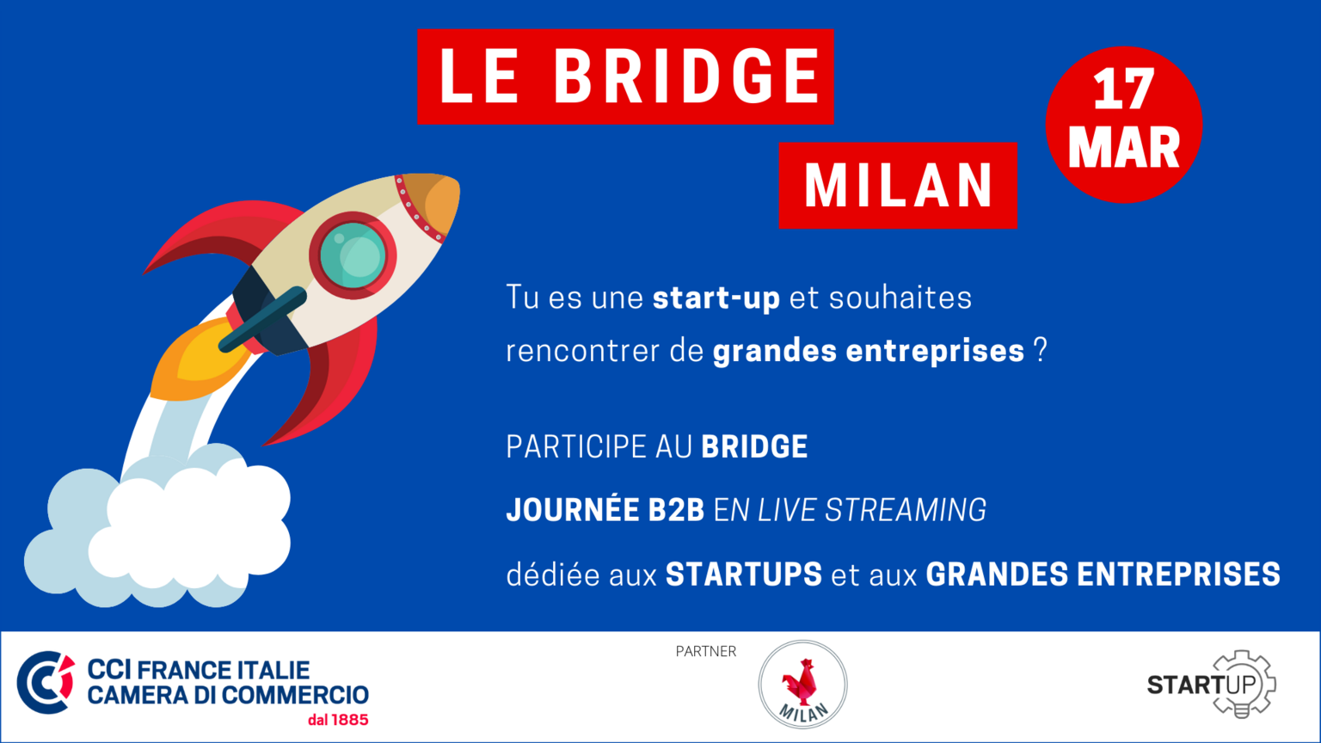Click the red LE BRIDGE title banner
pyautogui.click(x=625, y=77)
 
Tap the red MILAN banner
pyautogui.click(x=898, y=185)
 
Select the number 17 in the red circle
pyautogui.click(x=1123, y=89)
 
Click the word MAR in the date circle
pyautogui.click(x=1123, y=148)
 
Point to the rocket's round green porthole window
pyautogui.click(x=353, y=255)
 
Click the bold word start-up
pyautogui.click(x=716, y=298)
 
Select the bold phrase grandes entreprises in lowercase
pyautogui.click(x=868, y=351)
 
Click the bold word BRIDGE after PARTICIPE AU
pyautogui.click(x=754, y=446)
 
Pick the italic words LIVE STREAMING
pyautogui.click(x=871, y=510)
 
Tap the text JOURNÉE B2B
pyautogui.click(x=605, y=510)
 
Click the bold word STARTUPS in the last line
pyautogui.click(x=744, y=574)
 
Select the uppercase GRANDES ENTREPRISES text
pyautogui.click(x=1103, y=574)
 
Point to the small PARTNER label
pyautogui.click(x=706, y=652)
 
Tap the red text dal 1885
pyautogui.click(x=338, y=720)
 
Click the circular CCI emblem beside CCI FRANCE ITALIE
pyautogui.click(x=46, y=682)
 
